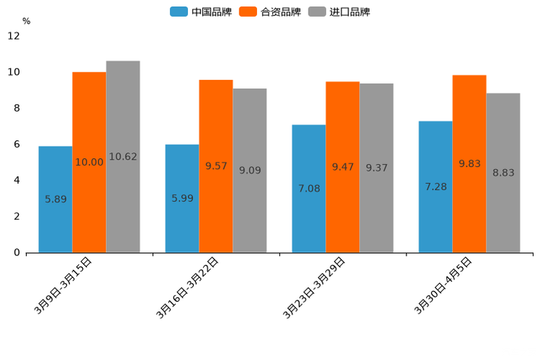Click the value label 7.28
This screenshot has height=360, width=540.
(435, 187)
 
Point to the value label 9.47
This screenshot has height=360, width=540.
(343, 167)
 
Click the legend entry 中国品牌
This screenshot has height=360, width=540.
(201, 12)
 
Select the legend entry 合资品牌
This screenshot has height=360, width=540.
(270, 12)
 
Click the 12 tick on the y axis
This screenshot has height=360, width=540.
(14, 36)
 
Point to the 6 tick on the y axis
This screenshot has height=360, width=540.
(16, 144)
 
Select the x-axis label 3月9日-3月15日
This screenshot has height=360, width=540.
(64, 285)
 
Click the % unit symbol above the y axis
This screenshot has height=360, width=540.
(26, 21)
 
